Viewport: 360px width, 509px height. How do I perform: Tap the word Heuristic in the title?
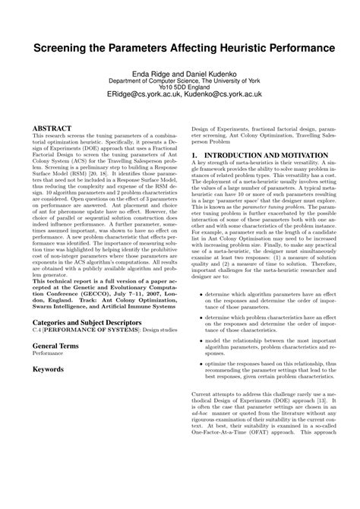coord(245,47)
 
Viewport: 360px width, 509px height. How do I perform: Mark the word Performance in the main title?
coord(305,47)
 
